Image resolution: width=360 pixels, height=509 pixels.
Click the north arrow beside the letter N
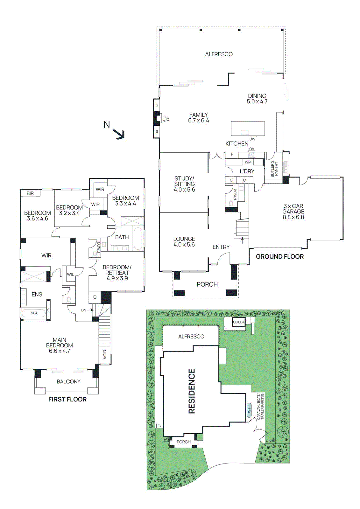120,135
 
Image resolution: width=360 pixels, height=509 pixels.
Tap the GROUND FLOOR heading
280,257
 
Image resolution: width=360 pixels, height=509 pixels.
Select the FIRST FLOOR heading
67,400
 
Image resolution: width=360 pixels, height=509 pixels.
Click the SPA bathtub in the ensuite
34,313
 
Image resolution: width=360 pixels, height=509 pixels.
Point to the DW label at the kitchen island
252,139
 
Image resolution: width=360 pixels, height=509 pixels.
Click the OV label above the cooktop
251,149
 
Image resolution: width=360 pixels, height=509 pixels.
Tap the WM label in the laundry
248,162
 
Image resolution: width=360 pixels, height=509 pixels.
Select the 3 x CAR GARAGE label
293,212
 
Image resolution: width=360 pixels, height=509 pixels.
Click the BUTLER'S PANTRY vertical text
274,169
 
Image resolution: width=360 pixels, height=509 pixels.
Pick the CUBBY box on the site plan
238,322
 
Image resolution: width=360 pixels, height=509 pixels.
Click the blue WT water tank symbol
249,408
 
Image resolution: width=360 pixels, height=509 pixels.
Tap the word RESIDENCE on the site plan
192,391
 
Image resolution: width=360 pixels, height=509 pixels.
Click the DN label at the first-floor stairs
84,310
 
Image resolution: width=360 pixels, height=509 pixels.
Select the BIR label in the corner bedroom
30,193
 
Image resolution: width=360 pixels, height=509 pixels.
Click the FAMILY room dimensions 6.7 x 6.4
199,121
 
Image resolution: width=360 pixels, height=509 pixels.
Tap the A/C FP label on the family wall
166,119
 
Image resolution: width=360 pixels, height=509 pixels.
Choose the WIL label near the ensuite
70,274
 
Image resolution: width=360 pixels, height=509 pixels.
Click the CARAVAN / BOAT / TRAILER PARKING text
260,407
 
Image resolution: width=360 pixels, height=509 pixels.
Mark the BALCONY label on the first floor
68,382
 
